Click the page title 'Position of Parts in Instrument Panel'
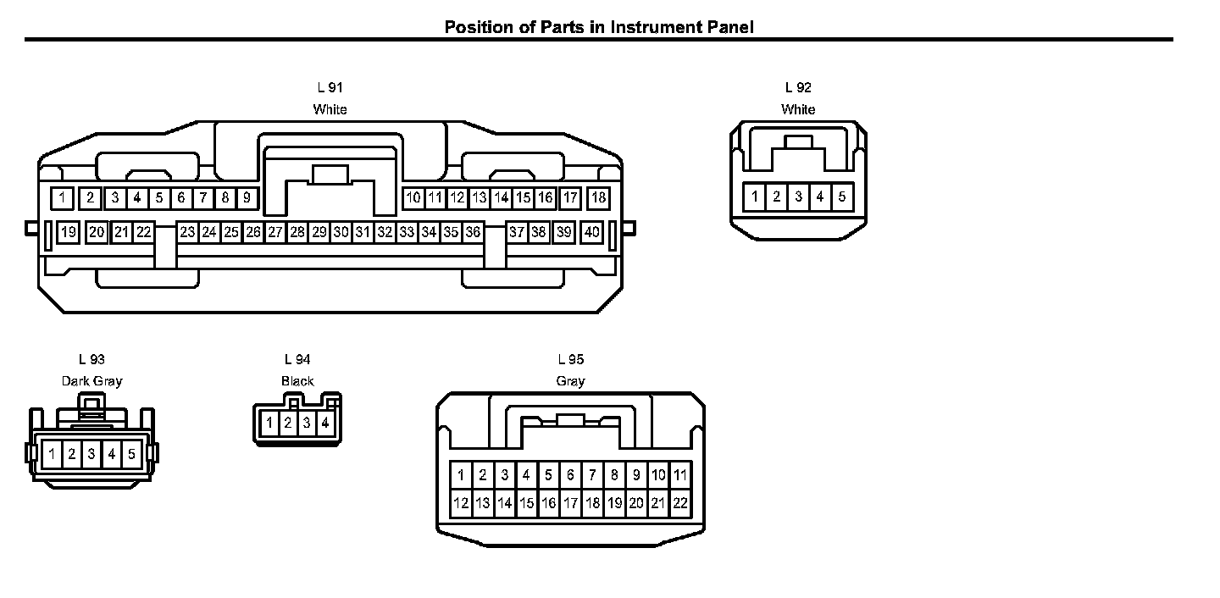[x=599, y=27]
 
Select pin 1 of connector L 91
[x=62, y=198]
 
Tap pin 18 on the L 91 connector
[x=598, y=198]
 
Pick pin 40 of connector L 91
[x=592, y=232]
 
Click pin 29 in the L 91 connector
[x=319, y=232]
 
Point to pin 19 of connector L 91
[x=69, y=232]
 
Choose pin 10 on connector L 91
[x=413, y=198]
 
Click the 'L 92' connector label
[x=798, y=87]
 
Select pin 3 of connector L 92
[x=798, y=197]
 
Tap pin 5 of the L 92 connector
[x=841, y=197]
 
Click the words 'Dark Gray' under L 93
[x=91, y=381]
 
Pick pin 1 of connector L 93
[x=52, y=454]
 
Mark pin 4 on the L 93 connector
[x=112, y=454]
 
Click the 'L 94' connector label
[x=297, y=359]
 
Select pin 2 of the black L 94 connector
[x=288, y=422]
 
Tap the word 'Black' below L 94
[x=297, y=381]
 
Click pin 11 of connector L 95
[x=680, y=475]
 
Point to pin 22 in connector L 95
[x=680, y=504]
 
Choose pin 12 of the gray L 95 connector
[x=461, y=504]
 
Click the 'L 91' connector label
[x=330, y=87]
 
